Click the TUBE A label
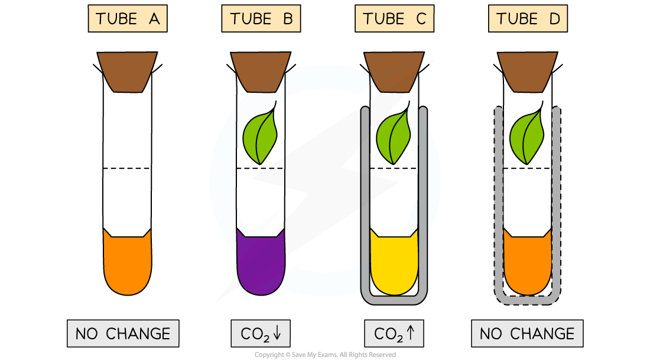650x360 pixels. pyautogui.click(x=127, y=19)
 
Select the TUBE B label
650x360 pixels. pyautogui.click(x=261, y=19)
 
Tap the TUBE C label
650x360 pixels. pyautogui.click(x=394, y=19)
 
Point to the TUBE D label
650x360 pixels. pyautogui.click(x=528, y=19)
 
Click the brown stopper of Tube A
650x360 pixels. pyautogui.click(x=127, y=72)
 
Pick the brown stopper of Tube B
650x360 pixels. pyautogui.click(x=261, y=72)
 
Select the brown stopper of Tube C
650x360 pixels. pyautogui.click(x=394, y=72)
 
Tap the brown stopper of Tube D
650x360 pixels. pyautogui.click(x=528, y=72)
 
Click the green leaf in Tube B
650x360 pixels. pyautogui.click(x=261, y=137)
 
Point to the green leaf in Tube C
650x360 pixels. pyautogui.click(x=394, y=137)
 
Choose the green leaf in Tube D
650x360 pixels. pyautogui.click(x=528, y=137)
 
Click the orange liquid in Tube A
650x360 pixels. pyautogui.click(x=127, y=263)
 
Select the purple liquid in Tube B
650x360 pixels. pyautogui.click(x=261, y=263)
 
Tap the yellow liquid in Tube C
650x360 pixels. pyautogui.click(x=394, y=263)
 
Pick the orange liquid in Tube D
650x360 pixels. pyautogui.click(x=528, y=263)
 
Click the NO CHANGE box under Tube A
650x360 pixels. pyautogui.click(x=123, y=333)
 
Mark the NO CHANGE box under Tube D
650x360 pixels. pyautogui.click(x=527, y=333)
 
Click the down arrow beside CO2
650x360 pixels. pyautogui.click(x=278, y=333)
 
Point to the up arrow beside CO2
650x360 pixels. pyautogui.click(x=411, y=333)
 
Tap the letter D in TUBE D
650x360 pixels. pyautogui.click(x=554, y=19)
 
